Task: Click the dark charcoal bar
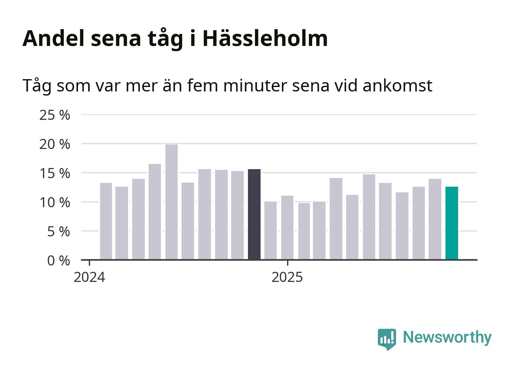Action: point(254,214)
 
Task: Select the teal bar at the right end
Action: point(452,223)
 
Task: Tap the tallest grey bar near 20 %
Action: point(172,202)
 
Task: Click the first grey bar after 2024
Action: point(106,221)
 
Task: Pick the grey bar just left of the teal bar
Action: point(435,219)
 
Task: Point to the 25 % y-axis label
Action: point(55,115)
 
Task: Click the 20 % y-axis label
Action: point(55,144)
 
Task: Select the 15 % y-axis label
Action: point(55,173)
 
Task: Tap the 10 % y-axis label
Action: point(55,202)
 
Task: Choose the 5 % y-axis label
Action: point(58,231)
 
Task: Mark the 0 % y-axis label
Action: point(58,261)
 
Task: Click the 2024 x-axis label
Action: point(90,278)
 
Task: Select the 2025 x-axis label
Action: point(287,278)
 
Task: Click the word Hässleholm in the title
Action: point(265,38)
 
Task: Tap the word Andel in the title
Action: point(54,38)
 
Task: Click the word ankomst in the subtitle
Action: point(397,86)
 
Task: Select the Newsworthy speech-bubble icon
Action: point(386,339)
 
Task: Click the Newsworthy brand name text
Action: point(447,337)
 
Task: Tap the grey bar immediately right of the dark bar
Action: point(271,230)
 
